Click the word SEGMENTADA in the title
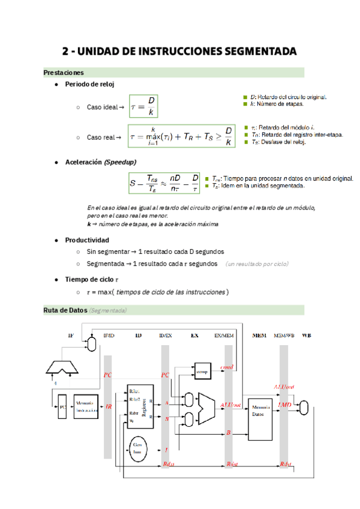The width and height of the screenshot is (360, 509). pos(259,51)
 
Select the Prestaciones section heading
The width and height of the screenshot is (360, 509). pos(64,73)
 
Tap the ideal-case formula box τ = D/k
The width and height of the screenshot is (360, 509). pos(144,107)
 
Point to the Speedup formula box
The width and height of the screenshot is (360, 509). pos(164,182)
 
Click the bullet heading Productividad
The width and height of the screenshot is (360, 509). pos(87,240)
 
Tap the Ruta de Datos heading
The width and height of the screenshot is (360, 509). pos(65,310)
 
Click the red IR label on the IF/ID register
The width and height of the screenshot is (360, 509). pos(109,406)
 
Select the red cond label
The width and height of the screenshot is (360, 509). pos(227,367)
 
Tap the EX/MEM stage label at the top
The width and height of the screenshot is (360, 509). pos(224,335)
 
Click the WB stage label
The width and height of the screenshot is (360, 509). pos(307,335)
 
